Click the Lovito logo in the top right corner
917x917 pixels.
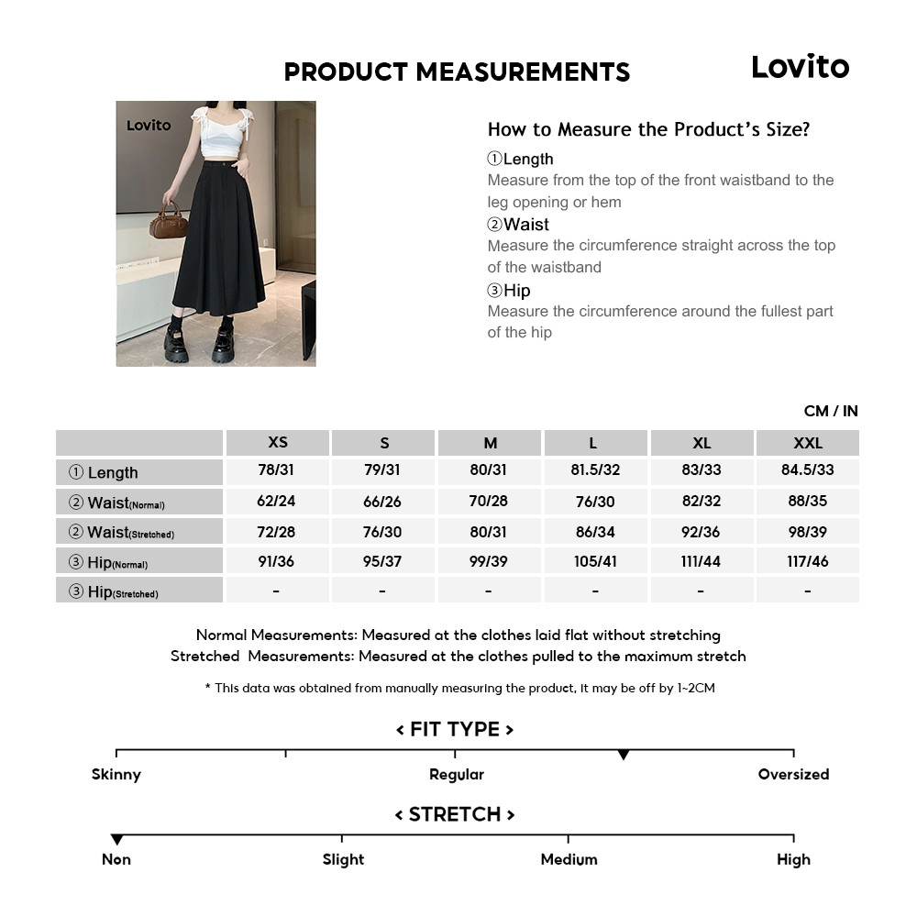click(x=800, y=66)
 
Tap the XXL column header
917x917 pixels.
click(x=807, y=443)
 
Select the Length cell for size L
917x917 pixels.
click(x=595, y=471)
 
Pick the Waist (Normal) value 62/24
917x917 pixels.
click(x=277, y=502)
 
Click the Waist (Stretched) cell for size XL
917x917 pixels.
click(x=702, y=532)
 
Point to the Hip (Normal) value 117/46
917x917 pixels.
click(x=807, y=561)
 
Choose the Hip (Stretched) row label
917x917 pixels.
click(x=139, y=591)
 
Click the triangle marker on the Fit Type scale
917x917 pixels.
click(x=624, y=755)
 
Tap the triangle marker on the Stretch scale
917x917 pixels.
click(x=116, y=839)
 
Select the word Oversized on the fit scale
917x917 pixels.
click(x=793, y=774)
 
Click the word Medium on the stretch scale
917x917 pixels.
click(x=569, y=859)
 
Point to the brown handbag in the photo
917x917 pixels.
click(x=169, y=222)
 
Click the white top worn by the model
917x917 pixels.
click(x=220, y=140)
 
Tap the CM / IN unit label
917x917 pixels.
click(x=831, y=411)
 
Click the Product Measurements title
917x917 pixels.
click(x=457, y=72)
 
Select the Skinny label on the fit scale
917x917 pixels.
click(x=116, y=774)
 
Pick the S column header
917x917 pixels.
click(x=384, y=443)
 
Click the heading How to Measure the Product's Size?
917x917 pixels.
click(x=648, y=129)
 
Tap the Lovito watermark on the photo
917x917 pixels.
click(x=149, y=126)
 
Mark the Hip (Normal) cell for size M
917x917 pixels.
click(x=489, y=561)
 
